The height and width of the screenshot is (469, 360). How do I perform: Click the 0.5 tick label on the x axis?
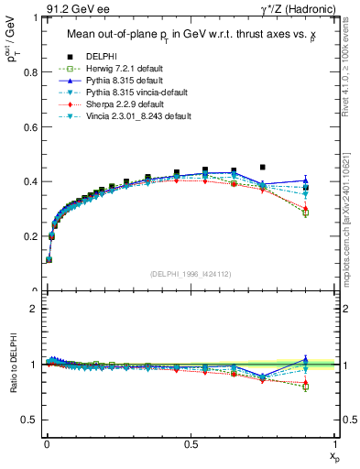pos(190,443)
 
